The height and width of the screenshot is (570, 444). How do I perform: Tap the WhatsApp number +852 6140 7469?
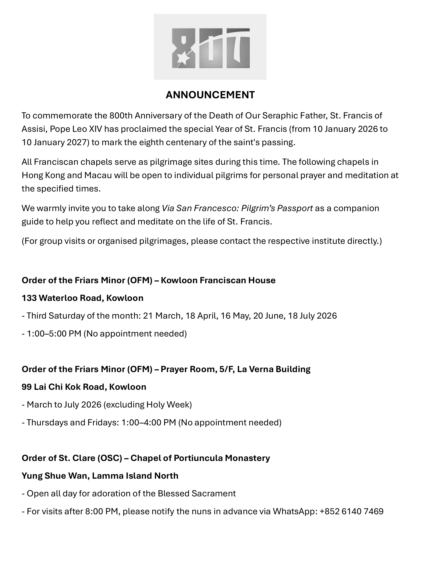pos(352,511)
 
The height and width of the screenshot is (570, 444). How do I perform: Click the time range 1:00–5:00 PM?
pos(54,333)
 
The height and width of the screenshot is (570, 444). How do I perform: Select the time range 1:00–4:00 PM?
pos(149,423)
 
